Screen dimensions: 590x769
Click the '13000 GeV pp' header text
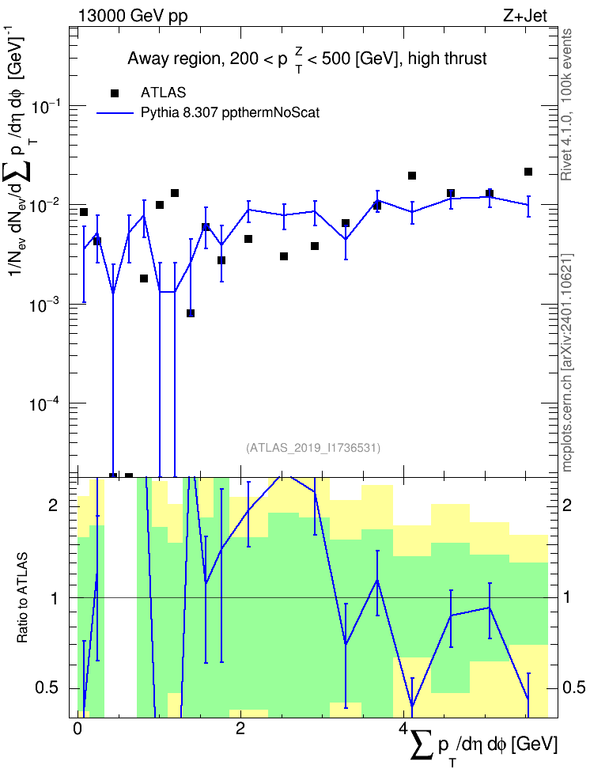133,16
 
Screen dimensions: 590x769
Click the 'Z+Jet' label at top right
525,16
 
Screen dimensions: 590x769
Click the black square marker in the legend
115,93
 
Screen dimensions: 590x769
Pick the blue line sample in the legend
115,113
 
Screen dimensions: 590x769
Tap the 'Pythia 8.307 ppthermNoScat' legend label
230,113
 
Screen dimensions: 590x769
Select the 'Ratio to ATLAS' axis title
22,597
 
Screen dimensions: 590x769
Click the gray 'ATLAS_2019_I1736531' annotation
313,447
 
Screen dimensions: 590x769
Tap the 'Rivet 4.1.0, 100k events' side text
566,104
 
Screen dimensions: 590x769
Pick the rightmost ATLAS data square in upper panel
528,172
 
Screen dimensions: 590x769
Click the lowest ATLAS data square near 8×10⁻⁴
191,313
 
